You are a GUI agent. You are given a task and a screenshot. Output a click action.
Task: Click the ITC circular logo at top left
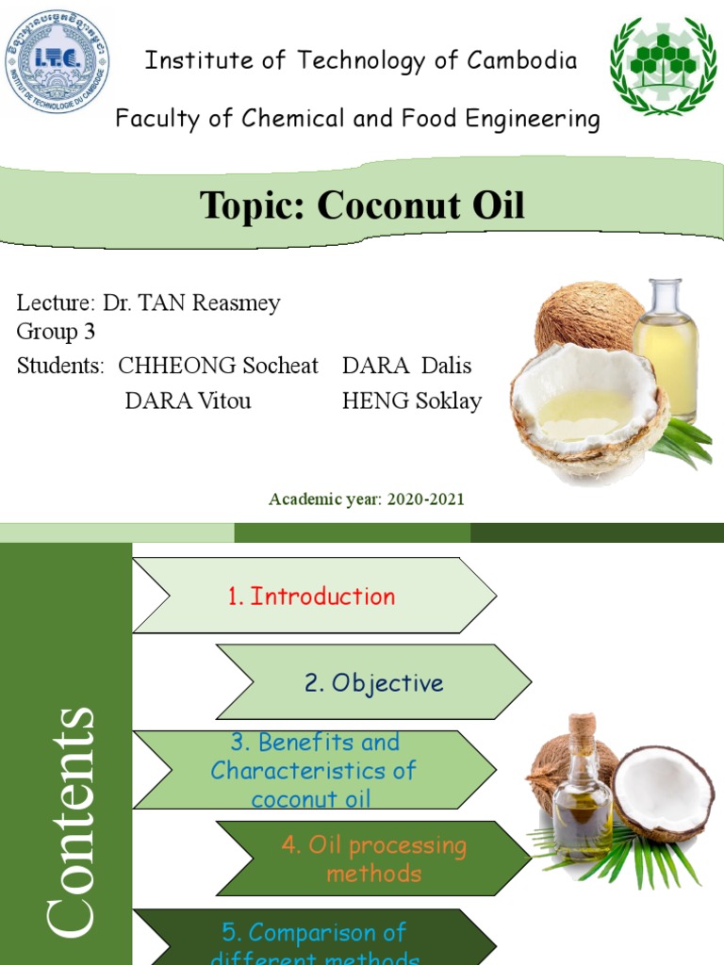(x=57, y=57)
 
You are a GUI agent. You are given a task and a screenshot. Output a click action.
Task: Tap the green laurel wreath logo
(x=663, y=65)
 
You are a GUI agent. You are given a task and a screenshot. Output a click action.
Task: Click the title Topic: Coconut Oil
(x=362, y=205)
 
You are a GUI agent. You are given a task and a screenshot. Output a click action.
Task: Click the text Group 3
(x=56, y=332)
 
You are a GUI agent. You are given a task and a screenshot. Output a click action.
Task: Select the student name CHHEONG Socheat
(x=218, y=366)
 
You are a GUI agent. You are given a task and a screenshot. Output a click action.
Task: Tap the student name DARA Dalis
(x=406, y=366)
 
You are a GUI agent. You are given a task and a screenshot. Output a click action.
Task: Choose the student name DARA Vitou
(x=188, y=401)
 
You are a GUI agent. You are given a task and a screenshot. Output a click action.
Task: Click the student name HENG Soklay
(x=412, y=401)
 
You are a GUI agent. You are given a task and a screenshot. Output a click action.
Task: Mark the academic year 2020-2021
(x=366, y=499)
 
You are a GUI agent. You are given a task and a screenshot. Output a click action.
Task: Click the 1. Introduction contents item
(x=311, y=596)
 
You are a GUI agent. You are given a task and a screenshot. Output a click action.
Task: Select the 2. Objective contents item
(x=373, y=682)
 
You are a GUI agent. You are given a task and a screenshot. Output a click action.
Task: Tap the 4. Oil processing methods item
(x=373, y=859)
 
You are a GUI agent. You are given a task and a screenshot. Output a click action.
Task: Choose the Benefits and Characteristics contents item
(x=313, y=770)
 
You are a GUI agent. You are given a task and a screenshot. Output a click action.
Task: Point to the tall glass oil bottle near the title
(x=666, y=349)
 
